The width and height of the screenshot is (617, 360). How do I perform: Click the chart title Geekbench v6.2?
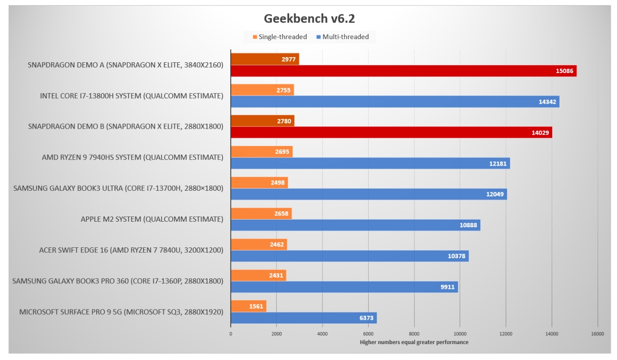(309, 19)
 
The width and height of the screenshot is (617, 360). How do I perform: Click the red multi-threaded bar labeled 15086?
(403, 71)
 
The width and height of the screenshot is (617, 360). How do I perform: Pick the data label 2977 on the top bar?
(288, 59)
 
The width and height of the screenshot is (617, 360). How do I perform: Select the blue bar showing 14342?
(394, 102)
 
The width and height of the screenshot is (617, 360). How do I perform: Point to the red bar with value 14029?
(391, 133)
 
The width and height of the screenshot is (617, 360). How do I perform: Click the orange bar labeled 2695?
(261, 151)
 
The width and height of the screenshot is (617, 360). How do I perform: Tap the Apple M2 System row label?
(152, 219)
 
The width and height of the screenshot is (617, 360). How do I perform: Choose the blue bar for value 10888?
(355, 225)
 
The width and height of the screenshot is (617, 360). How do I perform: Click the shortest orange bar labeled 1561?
(248, 306)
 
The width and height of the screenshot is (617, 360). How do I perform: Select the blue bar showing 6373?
(303, 318)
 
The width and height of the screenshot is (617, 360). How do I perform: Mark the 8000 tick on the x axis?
(414, 333)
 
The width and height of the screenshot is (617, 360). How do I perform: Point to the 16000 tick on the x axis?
(597, 333)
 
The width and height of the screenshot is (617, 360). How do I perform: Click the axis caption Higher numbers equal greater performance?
(414, 342)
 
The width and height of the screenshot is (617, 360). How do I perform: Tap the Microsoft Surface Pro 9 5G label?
(121, 312)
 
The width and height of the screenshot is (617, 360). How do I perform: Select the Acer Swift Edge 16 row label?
(131, 250)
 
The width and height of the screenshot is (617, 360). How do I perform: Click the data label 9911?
(447, 287)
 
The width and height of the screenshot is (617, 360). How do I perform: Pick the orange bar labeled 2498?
(259, 182)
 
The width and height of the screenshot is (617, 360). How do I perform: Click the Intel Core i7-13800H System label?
(132, 96)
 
